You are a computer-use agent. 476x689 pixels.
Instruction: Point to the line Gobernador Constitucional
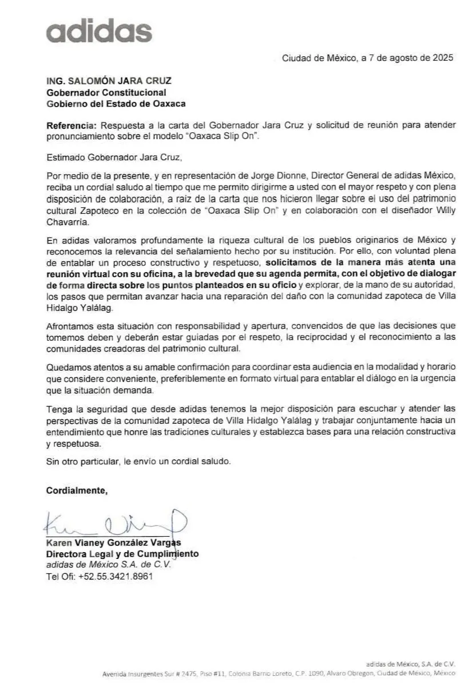tap(106, 92)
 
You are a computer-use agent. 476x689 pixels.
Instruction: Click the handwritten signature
tap(114, 522)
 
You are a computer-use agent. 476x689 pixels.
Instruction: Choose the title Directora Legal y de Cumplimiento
tap(122, 554)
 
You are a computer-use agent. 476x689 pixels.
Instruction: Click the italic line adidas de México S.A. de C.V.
tap(109, 565)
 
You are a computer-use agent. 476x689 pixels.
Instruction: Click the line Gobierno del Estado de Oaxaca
tap(116, 104)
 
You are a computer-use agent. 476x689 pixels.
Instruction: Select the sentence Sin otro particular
tap(139, 461)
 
